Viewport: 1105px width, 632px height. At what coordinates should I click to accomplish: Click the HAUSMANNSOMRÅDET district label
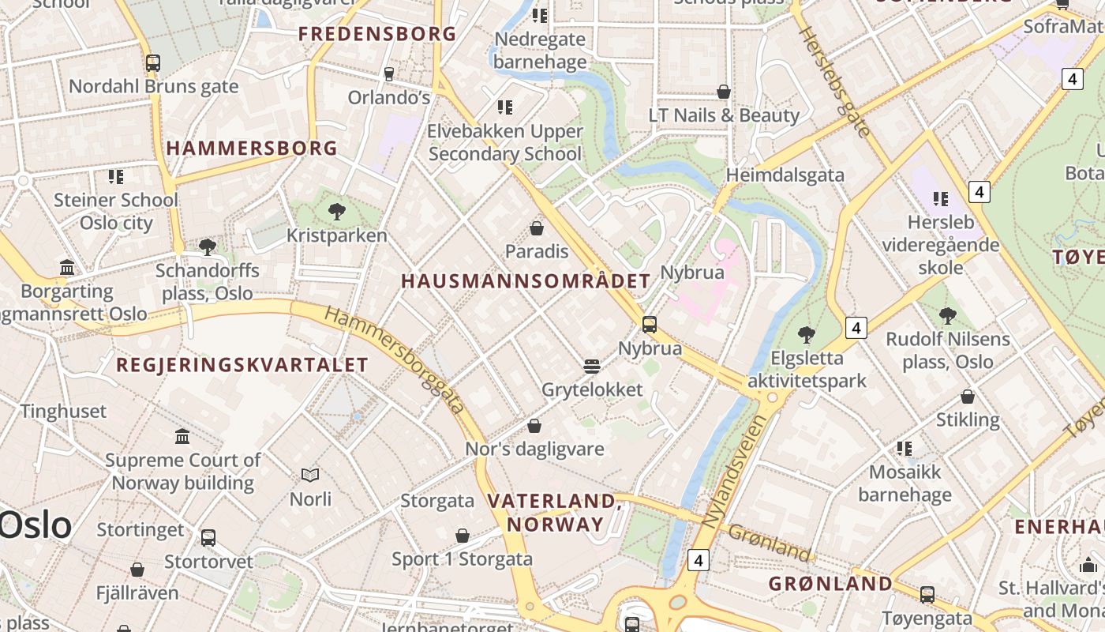tap(526, 280)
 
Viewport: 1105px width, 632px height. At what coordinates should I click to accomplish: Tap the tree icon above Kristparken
tap(337, 212)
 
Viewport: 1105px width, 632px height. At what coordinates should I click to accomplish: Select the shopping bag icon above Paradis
tap(537, 228)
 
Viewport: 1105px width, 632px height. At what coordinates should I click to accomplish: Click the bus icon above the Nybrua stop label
tap(650, 324)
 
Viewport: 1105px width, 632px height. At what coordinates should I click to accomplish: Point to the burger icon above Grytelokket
tap(592, 366)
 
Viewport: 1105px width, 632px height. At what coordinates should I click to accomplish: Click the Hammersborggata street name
tap(394, 359)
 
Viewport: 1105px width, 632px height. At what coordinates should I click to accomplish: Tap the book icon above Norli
tap(310, 475)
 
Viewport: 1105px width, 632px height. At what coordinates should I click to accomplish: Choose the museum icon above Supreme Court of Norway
tap(182, 436)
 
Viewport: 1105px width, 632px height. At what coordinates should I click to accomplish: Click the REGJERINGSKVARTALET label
tap(242, 364)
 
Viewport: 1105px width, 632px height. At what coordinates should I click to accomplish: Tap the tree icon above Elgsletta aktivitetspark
tap(806, 334)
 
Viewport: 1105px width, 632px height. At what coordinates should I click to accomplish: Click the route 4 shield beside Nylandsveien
tap(698, 560)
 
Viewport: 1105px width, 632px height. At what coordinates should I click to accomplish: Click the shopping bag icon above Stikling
tap(968, 396)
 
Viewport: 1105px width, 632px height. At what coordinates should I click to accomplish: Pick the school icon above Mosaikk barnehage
tap(905, 449)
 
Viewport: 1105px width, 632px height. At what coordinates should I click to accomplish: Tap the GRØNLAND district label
tap(830, 584)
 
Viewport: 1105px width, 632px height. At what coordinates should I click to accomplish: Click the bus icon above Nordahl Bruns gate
tap(153, 63)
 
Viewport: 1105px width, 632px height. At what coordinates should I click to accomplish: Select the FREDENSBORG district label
tap(377, 34)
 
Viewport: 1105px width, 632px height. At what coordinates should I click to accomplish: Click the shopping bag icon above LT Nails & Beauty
tap(724, 92)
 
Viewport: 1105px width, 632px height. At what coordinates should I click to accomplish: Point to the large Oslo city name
tap(36, 525)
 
